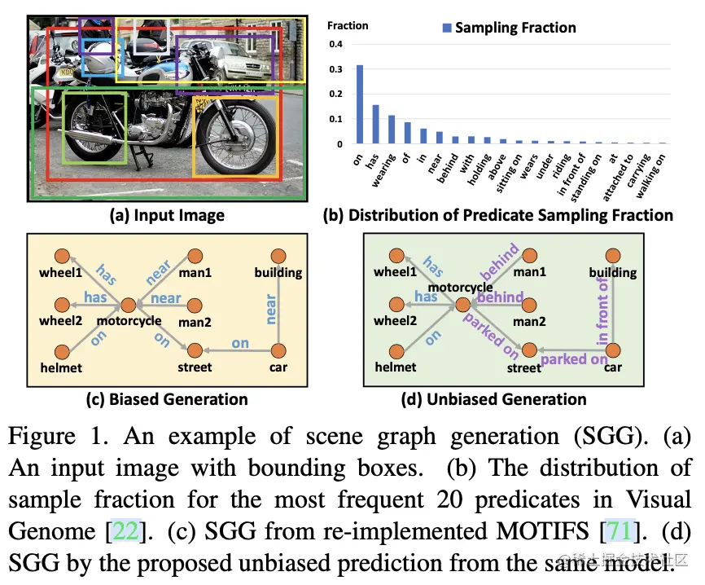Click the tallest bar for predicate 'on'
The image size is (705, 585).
359,104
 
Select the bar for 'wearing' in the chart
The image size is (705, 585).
391,130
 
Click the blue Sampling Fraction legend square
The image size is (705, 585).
446,28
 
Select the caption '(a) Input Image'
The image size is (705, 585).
168,216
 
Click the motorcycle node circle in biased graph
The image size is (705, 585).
128,306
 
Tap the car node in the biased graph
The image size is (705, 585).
278,350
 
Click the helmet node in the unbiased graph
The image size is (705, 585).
397,352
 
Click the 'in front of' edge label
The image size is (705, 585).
603,312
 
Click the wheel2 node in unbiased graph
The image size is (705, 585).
397,306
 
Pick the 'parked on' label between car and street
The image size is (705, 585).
574,359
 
